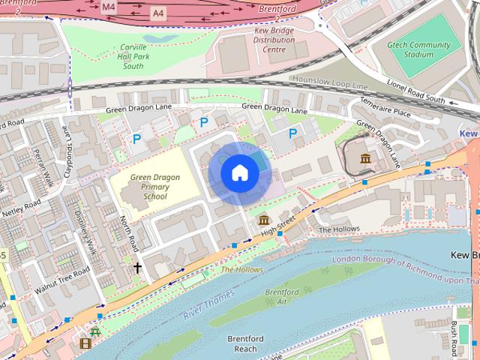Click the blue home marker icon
pos(239,173)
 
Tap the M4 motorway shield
pos(109,7)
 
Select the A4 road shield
pos(157,13)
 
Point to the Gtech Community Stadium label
pos(421,49)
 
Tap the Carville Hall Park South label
pos(133,56)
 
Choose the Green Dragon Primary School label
pos(154,187)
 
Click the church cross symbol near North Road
pos(137,267)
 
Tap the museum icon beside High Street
pos(264,220)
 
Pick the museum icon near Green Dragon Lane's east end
pos(365,158)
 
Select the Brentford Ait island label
pos(282,296)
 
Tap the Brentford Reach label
pos(245,343)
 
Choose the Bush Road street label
pos(454,338)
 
